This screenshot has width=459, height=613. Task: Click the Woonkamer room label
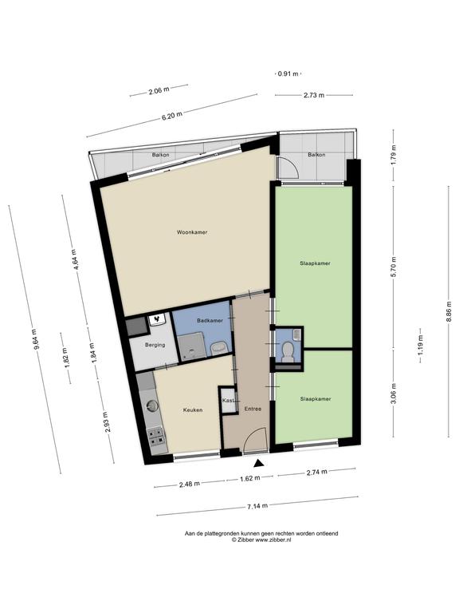click(x=192, y=232)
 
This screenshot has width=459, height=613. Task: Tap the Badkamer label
click(x=210, y=321)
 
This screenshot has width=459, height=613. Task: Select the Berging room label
click(x=155, y=345)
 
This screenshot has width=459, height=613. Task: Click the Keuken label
click(x=193, y=410)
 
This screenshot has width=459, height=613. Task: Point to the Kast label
click(x=229, y=401)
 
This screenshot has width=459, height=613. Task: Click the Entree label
click(x=253, y=409)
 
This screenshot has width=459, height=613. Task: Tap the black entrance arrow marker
click(x=258, y=463)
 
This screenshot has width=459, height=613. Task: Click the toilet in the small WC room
click(x=288, y=351)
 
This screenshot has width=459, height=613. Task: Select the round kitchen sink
click(x=153, y=406)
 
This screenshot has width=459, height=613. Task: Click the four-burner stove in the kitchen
click(x=157, y=437)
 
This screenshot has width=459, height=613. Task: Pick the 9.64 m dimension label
click(x=36, y=338)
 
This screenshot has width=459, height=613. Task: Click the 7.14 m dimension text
click(x=257, y=506)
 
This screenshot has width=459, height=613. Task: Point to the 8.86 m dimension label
click(x=449, y=311)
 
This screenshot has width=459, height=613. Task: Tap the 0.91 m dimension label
click(x=288, y=73)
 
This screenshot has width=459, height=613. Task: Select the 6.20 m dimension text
click(x=172, y=116)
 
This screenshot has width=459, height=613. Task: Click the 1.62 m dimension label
click(x=249, y=478)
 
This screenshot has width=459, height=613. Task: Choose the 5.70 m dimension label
click(x=394, y=267)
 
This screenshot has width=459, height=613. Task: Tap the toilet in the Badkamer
click(x=219, y=347)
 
